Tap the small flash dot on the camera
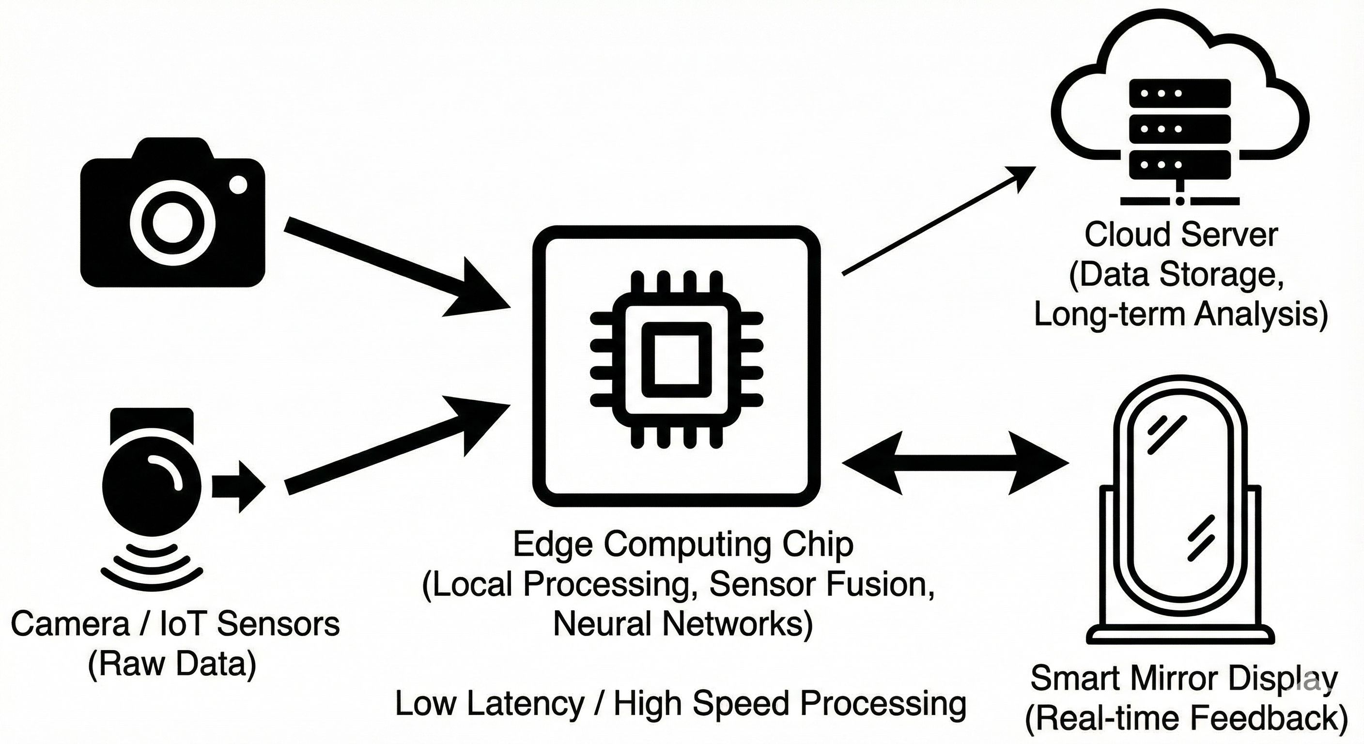point(238,186)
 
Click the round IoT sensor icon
point(152,487)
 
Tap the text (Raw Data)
point(172,664)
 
